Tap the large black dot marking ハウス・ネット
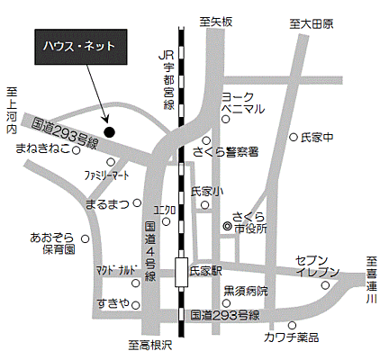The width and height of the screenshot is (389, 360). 110,131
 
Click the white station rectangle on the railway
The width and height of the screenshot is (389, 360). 182,268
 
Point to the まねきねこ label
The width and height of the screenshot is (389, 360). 46,151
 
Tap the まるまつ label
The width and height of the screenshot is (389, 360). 105,205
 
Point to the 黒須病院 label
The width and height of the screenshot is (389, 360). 246,291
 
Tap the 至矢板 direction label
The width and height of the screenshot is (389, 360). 216,20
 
